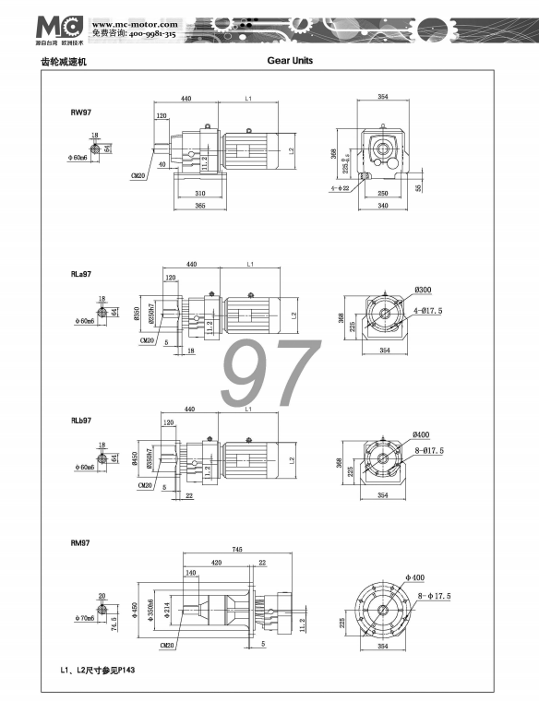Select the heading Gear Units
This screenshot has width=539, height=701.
[x=290, y=61]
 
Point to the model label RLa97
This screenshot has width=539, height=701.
[x=83, y=274]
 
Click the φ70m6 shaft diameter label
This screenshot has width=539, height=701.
[x=81, y=618]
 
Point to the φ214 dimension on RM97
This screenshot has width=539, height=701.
[x=166, y=610]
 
